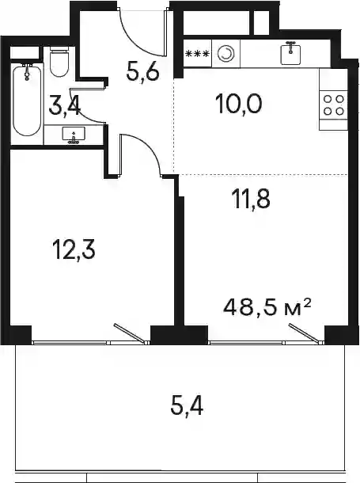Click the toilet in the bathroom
pos(59,62)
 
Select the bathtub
pos(27,101)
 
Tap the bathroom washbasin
pos(74,135)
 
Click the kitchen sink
pos(291,53)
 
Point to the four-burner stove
pos(334,105)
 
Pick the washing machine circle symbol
pos(225,54)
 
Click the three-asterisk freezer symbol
pos(197,54)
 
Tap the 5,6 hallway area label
pos(142,74)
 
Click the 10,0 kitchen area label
pos(239,104)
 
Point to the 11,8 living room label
pos(251,199)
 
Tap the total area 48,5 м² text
pos(267,308)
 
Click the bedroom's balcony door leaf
pos(130,333)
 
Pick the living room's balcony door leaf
pos(305,333)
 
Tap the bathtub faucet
pos(28,72)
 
